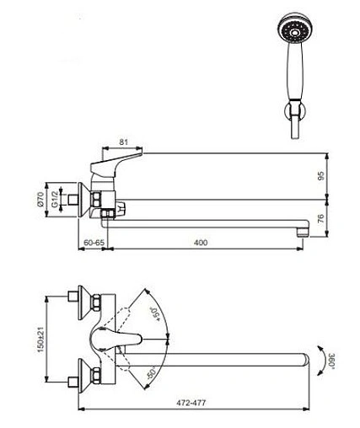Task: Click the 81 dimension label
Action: [123, 142]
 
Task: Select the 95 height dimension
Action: [321, 176]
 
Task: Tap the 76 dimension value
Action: [321, 218]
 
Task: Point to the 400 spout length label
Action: [201, 243]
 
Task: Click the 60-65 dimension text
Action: [94, 243]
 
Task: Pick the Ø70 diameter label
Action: [40, 200]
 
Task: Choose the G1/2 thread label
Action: [55, 199]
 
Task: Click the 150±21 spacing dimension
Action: [41, 340]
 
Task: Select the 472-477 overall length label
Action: [191, 403]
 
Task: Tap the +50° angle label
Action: [155, 314]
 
